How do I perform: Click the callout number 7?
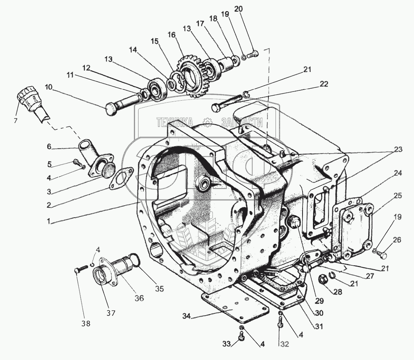[x=16, y=121]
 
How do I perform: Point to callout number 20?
[x=249, y=9]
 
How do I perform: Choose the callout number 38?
[x=86, y=324]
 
